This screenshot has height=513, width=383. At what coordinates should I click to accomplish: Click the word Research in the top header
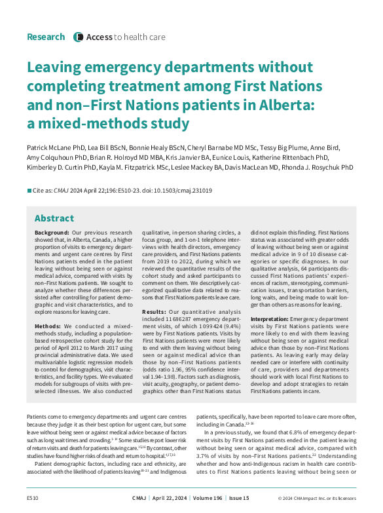point(46,37)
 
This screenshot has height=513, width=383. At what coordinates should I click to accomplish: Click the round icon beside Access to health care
point(79,37)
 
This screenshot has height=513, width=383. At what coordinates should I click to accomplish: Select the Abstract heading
point(54,218)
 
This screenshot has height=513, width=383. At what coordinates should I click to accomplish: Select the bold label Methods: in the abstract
point(48,326)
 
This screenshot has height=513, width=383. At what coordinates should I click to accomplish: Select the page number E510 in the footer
point(33,499)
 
